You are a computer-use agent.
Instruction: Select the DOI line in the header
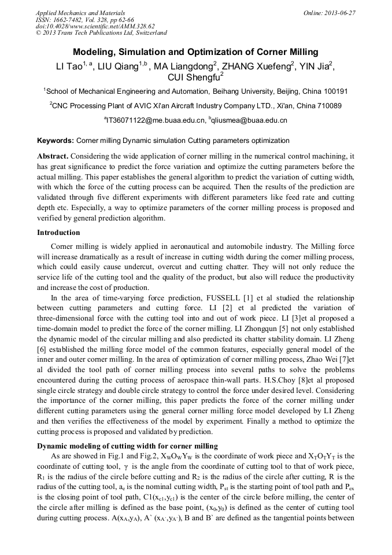[95, 26]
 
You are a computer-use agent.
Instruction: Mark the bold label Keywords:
[56, 141]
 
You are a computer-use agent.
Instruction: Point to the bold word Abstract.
[53, 156]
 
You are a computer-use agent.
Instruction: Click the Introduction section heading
[58, 233]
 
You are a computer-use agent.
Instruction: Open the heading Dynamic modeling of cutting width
[127, 446]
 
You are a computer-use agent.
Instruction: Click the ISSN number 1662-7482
[72, 19]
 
